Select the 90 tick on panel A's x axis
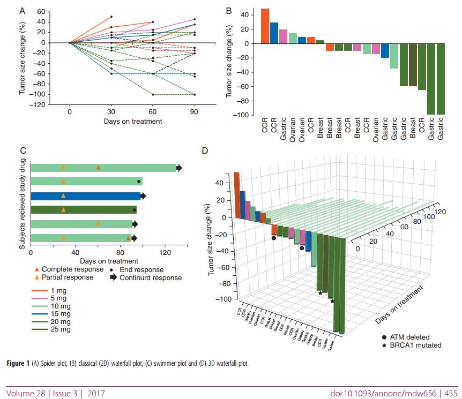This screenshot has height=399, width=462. coord(194,111)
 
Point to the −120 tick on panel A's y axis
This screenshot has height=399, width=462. coord(39,104)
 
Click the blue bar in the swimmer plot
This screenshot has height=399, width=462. coord(86,195)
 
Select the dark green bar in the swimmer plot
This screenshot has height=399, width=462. coord(83,209)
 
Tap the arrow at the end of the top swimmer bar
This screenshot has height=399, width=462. coord(180,168)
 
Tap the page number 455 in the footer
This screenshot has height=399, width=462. coord(451,394)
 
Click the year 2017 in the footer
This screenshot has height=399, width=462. coord(96,394)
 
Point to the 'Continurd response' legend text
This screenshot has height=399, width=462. coord(151,277)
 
